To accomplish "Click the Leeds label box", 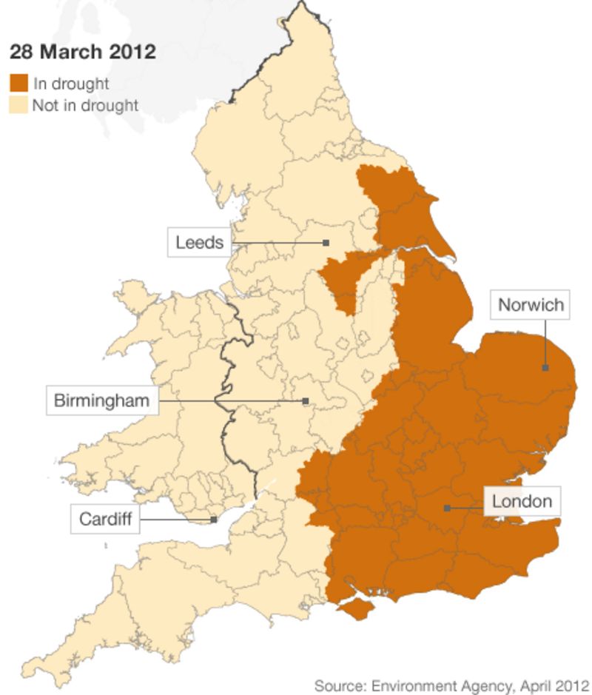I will [199, 242].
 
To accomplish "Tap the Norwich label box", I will [531, 304].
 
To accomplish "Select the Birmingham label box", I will [101, 401].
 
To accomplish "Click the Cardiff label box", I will [105, 519].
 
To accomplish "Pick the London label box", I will [522, 501].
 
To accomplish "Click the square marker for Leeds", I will [326, 242].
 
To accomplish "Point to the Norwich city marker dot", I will [545, 367].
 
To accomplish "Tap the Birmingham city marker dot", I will [305, 401].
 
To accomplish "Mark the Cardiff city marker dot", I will [214, 520].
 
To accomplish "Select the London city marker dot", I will [446, 508].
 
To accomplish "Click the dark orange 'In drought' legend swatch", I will [18, 83].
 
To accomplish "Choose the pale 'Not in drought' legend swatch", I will [18, 105].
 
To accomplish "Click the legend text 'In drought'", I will [71, 84].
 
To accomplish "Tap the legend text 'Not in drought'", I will [85, 105].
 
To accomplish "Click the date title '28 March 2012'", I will [82, 52].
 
